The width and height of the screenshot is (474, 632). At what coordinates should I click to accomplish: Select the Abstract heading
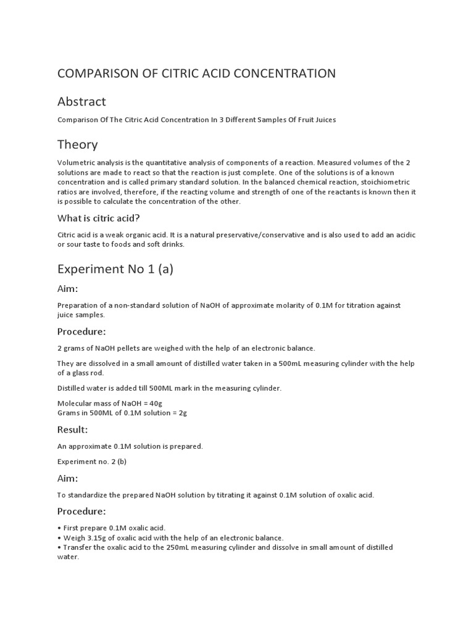pyautogui.click(x=81, y=101)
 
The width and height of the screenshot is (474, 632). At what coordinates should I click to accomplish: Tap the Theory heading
pyautogui.click(x=77, y=144)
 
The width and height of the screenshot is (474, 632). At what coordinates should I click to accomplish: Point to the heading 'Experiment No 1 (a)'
pyautogui.click(x=115, y=268)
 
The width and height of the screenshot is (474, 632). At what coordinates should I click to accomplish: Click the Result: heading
pyautogui.click(x=73, y=429)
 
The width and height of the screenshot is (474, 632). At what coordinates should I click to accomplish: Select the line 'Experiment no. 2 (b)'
pyautogui.click(x=92, y=461)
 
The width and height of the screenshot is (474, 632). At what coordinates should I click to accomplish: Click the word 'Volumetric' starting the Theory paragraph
pyautogui.click(x=76, y=162)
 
